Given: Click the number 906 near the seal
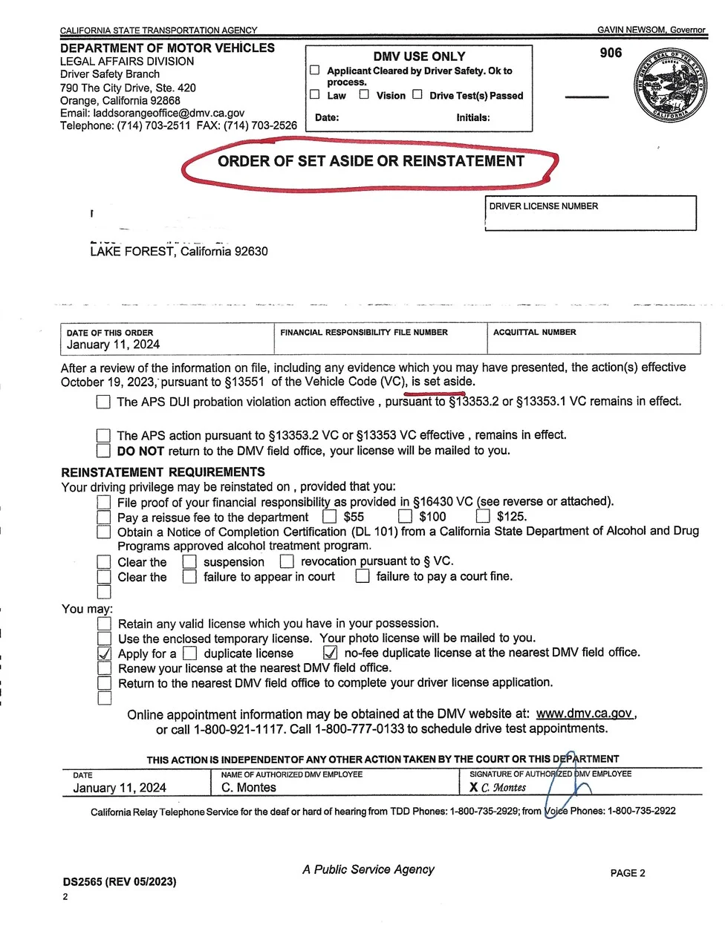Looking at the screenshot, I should (x=611, y=53).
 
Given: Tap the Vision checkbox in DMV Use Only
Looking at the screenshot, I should (x=364, y=94).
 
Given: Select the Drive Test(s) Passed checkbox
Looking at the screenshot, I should (x=417, y=94).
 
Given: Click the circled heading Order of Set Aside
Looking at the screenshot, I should (x=371, y=162).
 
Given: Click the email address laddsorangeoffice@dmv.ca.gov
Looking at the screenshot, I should (x=169, y=113).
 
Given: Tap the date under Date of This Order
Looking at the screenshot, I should (x=113, y=345).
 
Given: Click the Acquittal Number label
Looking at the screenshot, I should (x=535, y=333).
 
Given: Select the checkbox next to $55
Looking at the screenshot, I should (x=330, y=516).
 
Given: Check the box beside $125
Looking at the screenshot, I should (x=483, y=516).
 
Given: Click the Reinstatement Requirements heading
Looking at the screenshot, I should (x=163, y=472).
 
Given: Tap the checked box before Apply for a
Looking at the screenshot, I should (x=105, y=653).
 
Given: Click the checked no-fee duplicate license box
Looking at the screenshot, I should (x=331, y=653).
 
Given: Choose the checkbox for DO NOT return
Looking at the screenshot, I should (x=104, y=451).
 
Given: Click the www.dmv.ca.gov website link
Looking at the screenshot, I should (x=584, y=714).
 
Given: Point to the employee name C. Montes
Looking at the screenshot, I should (x=249, y=788).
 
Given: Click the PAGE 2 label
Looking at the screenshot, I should (x=628, y=873).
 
